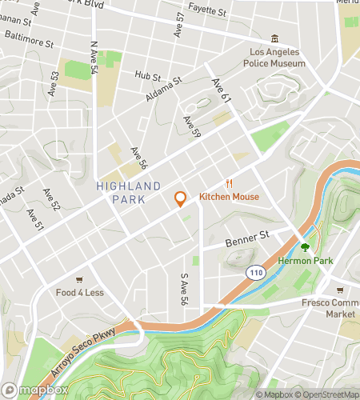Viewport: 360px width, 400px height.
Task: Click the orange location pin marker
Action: tap(180, 198)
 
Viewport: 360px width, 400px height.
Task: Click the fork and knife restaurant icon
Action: tap(229, 182)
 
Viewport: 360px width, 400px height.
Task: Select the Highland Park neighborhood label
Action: tap(120, 193)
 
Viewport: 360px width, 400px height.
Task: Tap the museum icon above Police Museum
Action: tap(275, 39)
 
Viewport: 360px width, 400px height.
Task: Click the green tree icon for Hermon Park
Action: tap(304, 246)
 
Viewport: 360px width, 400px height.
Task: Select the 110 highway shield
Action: tap(255, 273)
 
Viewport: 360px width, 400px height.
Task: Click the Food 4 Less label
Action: tap(79, 293)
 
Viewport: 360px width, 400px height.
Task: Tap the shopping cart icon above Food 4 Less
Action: tap(79, 279)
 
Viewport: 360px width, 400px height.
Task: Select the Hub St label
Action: tap(148, 76)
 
